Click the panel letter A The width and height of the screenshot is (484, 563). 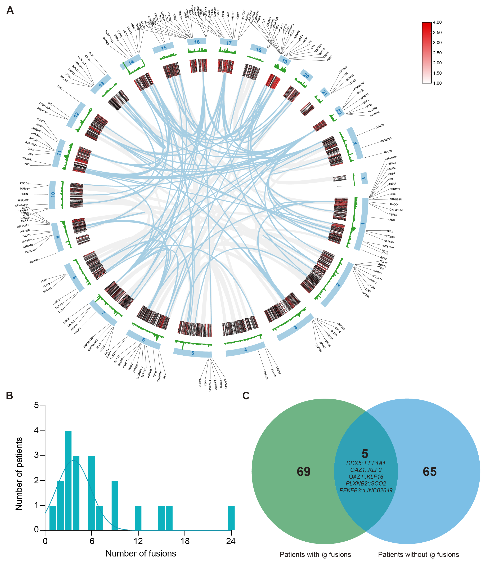tap(10, 10)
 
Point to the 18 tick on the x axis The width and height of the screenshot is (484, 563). tap(185, 541)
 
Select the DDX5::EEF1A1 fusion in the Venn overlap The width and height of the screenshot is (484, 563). tap(366, 463)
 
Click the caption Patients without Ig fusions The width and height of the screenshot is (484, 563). tap(418, 555)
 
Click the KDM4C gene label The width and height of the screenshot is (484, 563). tap(34, 261)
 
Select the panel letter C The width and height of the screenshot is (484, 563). tap(246, 396)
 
